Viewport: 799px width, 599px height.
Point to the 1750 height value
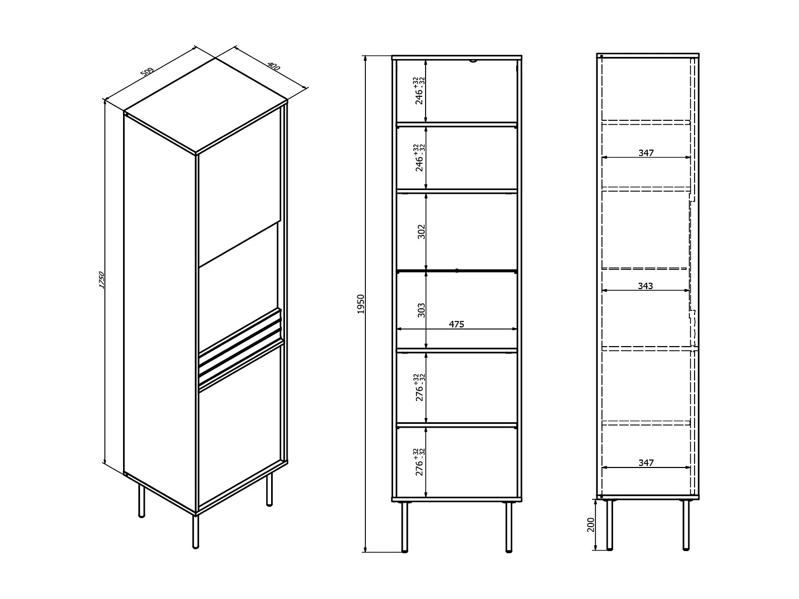102,281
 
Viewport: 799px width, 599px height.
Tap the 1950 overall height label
361,303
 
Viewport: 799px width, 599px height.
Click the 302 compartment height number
421,231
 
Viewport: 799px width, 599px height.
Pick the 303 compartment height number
421,310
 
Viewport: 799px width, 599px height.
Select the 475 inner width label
456,324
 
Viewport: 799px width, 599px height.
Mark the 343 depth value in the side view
645,286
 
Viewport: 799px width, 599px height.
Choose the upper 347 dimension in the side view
646,153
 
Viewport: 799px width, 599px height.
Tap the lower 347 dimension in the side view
646,463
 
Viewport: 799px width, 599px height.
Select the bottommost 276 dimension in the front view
420,462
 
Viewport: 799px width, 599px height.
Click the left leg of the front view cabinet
405,527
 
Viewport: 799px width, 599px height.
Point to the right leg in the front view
509,527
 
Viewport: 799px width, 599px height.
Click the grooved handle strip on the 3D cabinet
240,346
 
